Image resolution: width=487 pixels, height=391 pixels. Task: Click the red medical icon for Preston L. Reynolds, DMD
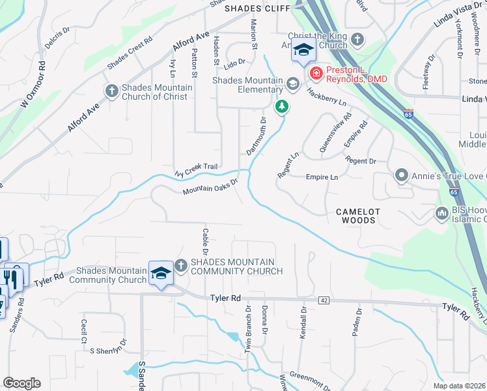coord(316,73)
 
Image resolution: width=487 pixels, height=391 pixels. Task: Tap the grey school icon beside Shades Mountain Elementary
coord(293,83)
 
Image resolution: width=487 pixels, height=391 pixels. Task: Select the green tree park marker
coord(281,106)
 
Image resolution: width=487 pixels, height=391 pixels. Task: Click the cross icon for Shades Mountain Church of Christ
coord(111,91)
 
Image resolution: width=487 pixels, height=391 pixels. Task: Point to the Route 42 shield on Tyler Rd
coord(323,300)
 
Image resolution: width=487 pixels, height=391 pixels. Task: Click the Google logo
coord(21,383)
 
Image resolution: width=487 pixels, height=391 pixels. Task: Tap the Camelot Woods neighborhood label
coord(355,216)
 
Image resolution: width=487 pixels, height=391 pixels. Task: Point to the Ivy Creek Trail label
coord(196,170)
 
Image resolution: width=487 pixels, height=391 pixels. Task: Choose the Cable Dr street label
coord(204,241)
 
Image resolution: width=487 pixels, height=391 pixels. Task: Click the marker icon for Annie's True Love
coord(402,175)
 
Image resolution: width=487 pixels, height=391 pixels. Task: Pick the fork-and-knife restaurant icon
coord(10,278)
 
